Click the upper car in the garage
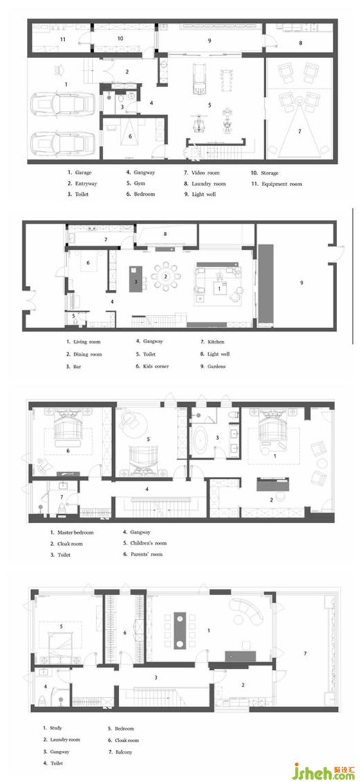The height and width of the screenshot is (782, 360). tap(63, 104)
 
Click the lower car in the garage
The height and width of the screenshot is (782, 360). tap(63, 143)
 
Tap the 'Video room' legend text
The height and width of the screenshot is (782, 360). tap(206, 173)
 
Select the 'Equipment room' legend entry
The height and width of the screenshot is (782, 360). tap(282, 184)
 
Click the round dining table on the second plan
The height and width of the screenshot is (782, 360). tap(167, 276)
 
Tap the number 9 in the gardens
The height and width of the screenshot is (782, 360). tap(302, 282)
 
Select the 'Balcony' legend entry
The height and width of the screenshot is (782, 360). tap(124, 752)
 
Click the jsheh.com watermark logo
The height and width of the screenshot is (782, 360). tap(323, 771)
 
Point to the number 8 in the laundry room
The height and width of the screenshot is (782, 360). tap(300, 43)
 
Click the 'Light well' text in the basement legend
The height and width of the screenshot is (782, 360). tap(204, 194)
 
